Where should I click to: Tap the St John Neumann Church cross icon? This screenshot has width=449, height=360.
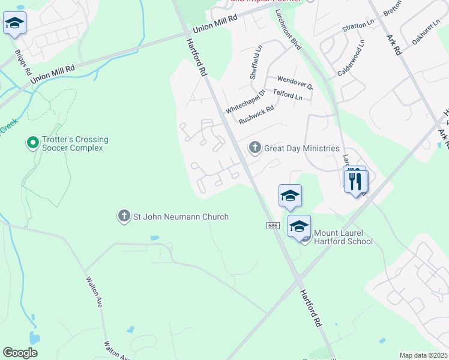click(124, 216)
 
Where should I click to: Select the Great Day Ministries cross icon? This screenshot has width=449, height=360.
click(255, 148)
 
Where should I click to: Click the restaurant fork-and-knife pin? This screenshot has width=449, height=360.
click(357, 182)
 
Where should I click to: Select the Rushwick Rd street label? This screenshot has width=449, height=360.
click(256, 115)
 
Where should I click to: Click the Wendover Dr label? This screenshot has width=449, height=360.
click(295, 82)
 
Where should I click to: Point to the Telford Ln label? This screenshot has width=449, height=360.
click(288, 95)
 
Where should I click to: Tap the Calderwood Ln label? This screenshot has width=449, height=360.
click(351, 58)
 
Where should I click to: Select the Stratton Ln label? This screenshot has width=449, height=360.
click(358, 26)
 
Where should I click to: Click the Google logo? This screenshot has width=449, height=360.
click(20, 353)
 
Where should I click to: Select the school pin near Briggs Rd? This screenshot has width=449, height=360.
click(14, 25)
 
